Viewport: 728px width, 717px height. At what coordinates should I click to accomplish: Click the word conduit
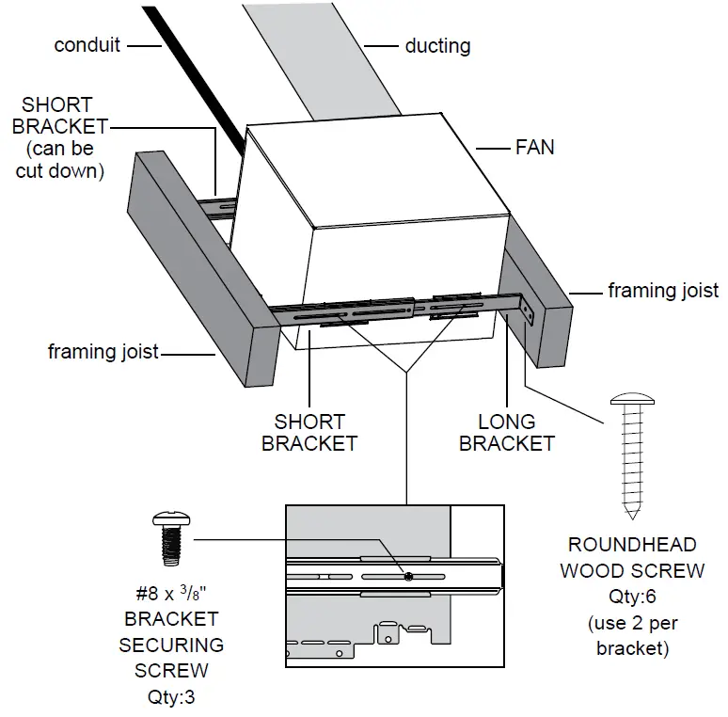pos(87,45)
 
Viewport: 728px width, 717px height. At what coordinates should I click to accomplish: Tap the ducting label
pos(437,45)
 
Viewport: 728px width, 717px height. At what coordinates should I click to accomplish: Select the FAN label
pos(534,147)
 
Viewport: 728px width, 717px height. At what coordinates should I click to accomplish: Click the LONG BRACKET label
pos(507,432)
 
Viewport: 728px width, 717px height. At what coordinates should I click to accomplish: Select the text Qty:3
pos(170,697)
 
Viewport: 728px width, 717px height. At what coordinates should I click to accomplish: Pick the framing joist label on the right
pos(663,291)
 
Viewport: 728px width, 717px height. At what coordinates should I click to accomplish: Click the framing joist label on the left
pos(103,353)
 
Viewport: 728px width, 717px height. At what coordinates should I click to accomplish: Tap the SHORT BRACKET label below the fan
pos(309,432)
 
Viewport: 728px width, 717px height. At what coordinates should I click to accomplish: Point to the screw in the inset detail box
pos(407,576)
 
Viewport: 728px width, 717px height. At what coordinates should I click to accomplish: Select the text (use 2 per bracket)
pos(631,635)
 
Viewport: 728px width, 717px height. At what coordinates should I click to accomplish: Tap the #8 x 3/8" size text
pos(170,595)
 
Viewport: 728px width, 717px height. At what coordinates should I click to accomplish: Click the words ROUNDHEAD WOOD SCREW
pos(631,557)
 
